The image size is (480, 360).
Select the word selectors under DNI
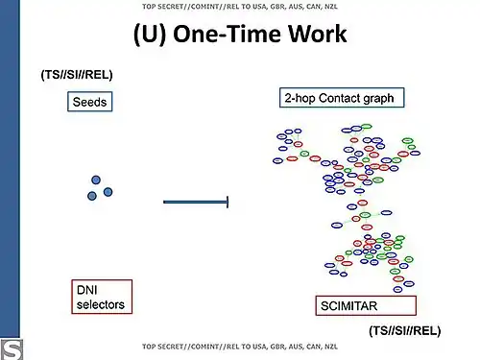coord(100,305)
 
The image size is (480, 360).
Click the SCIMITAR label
coord(348,306)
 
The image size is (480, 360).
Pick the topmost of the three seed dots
coord(96,180)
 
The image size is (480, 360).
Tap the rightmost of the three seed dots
coord(108,192)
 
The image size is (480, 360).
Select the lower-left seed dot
coord(92,196)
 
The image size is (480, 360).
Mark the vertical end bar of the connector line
coord(227,202)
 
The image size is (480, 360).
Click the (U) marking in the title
coord(155,36)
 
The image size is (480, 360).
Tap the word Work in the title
coord(313,36)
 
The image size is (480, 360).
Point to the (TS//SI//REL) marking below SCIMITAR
coord(404,330)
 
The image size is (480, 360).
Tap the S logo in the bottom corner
coord(12,348)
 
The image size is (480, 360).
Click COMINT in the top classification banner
coord(213,7)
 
